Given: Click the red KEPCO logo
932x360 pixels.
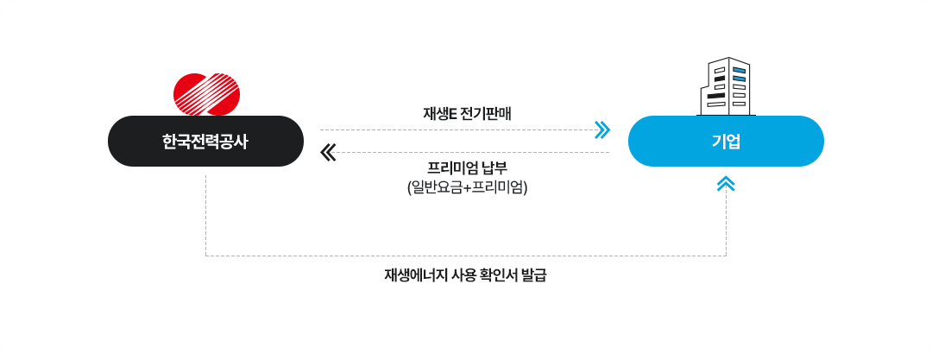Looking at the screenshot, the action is pos(206,94).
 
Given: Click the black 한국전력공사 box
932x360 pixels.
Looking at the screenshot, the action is pos(205,141).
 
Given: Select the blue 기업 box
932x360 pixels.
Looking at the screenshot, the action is pos(726,141).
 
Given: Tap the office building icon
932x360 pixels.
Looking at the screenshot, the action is pos(725,86).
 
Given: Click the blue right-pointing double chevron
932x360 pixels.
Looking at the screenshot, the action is pos(602,129).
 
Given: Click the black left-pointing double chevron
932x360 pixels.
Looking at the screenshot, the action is pos(328,153).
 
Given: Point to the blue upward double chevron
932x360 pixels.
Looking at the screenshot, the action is pos(726,184).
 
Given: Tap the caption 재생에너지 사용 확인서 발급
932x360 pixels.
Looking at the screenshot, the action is pos(465,276).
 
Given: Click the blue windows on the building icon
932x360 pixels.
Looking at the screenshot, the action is pos(739,74).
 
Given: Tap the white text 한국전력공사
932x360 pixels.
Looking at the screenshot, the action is pos(205,142).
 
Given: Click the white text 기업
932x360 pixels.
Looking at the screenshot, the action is pos(726,142).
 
